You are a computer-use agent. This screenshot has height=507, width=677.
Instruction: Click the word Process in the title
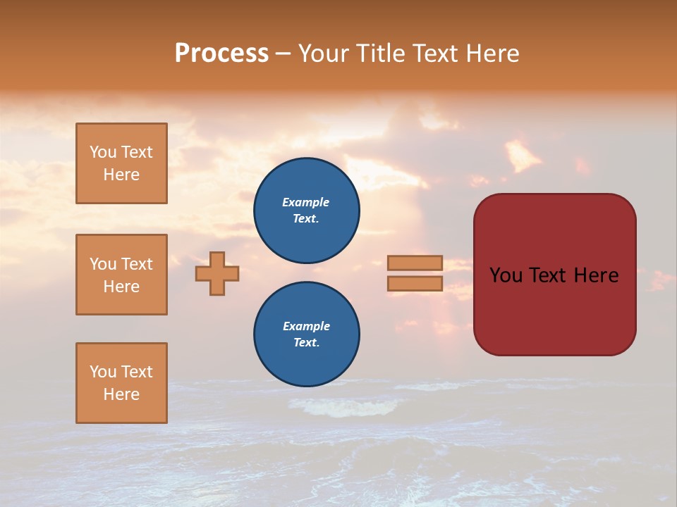tap(221, 54)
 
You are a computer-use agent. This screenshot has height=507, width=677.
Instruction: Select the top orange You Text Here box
tap(121, 163)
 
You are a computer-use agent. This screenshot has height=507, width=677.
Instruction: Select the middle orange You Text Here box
tap(121, 275)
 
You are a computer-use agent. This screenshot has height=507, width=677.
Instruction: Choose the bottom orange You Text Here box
tap(121, 383)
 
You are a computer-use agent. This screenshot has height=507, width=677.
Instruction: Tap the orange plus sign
tap(217, 273)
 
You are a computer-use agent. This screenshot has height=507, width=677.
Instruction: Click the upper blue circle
tap(307, 211)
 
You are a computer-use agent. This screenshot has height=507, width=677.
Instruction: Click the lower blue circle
tap(307, 334)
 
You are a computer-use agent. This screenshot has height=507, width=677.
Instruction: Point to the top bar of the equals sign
tap(415, 263)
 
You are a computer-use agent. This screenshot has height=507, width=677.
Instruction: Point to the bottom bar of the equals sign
tap(415, 283)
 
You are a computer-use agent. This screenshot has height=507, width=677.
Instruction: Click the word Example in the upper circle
tap(305, 202)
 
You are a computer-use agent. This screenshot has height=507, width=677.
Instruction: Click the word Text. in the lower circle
tap(306, 343)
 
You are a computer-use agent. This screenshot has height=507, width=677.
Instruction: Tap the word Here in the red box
tap(596, 275)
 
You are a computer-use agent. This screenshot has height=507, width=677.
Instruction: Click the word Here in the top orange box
tap(121, 175)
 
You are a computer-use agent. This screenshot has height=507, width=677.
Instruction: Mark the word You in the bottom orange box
tap(103, 372)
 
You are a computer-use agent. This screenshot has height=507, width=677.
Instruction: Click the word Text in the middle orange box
tap(138, 264)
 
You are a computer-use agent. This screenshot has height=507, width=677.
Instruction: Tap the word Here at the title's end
tap(491, 54)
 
